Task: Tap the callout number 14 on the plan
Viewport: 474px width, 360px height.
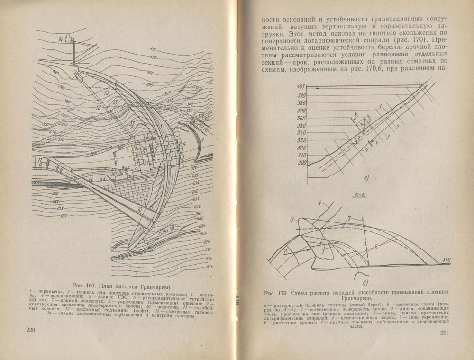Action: coord(60,39)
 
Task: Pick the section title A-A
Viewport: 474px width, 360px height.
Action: coord(360,195)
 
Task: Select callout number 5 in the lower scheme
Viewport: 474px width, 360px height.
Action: coord(293,219)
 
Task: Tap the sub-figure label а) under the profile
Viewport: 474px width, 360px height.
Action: coord(365,179)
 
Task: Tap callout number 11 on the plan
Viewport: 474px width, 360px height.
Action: coord(41,159)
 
